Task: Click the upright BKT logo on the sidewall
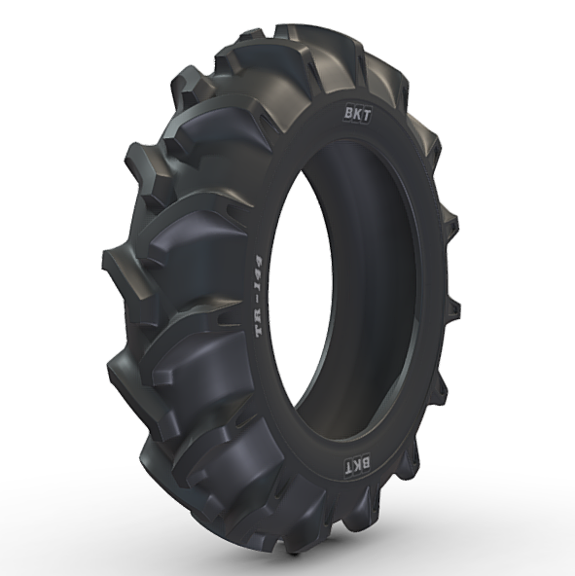(357, 115)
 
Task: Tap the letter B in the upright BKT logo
(348, 114)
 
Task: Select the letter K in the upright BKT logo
(357, 115)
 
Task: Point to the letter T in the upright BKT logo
(366, 116)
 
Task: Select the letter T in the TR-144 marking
(260, 329)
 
